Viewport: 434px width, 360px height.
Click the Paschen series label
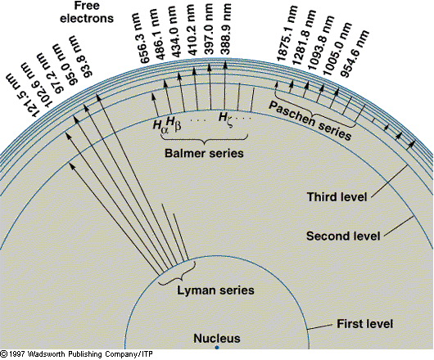[310, 122]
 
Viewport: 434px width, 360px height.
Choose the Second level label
[342, 236]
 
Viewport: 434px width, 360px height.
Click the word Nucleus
[212, 336]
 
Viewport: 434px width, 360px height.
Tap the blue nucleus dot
[217, 349]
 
